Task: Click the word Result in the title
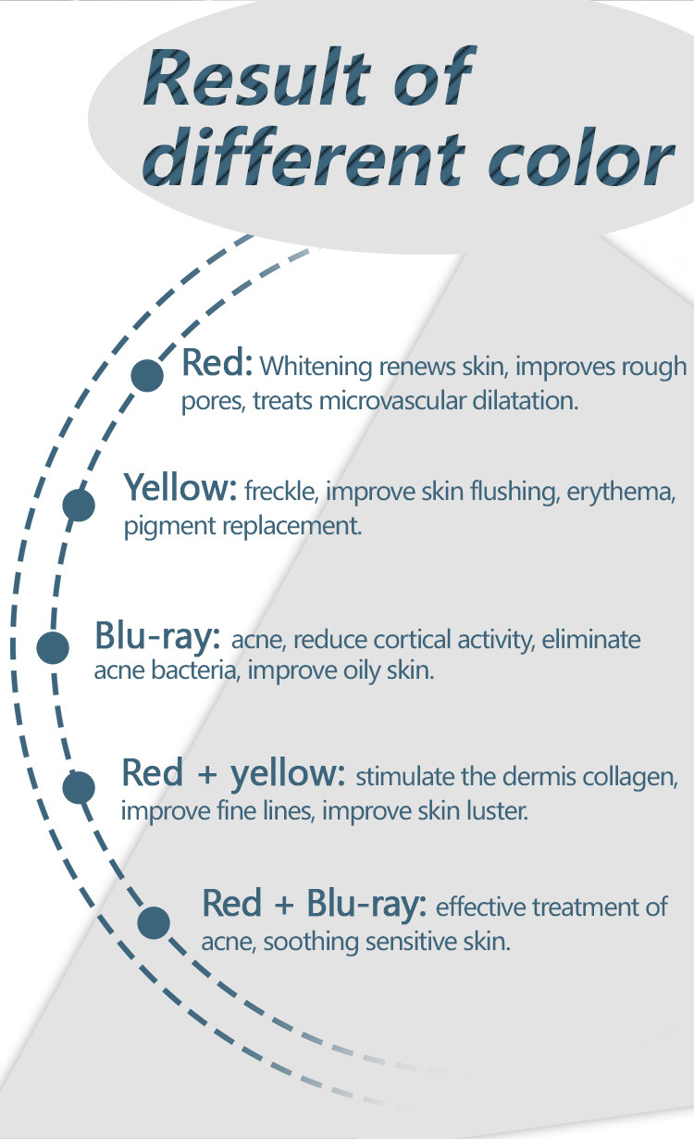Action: [257, 77]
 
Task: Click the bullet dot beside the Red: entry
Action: [147, 376]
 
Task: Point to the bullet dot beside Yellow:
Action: [79, 505]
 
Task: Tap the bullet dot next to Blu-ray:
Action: [53, 647]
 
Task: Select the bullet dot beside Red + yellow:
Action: [79, 787]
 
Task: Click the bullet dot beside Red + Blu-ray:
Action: [154, 922]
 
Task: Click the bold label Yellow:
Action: [180, 487]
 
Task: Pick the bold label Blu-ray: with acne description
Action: [157, 637]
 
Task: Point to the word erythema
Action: [621, 493]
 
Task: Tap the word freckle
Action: [281, 491]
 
